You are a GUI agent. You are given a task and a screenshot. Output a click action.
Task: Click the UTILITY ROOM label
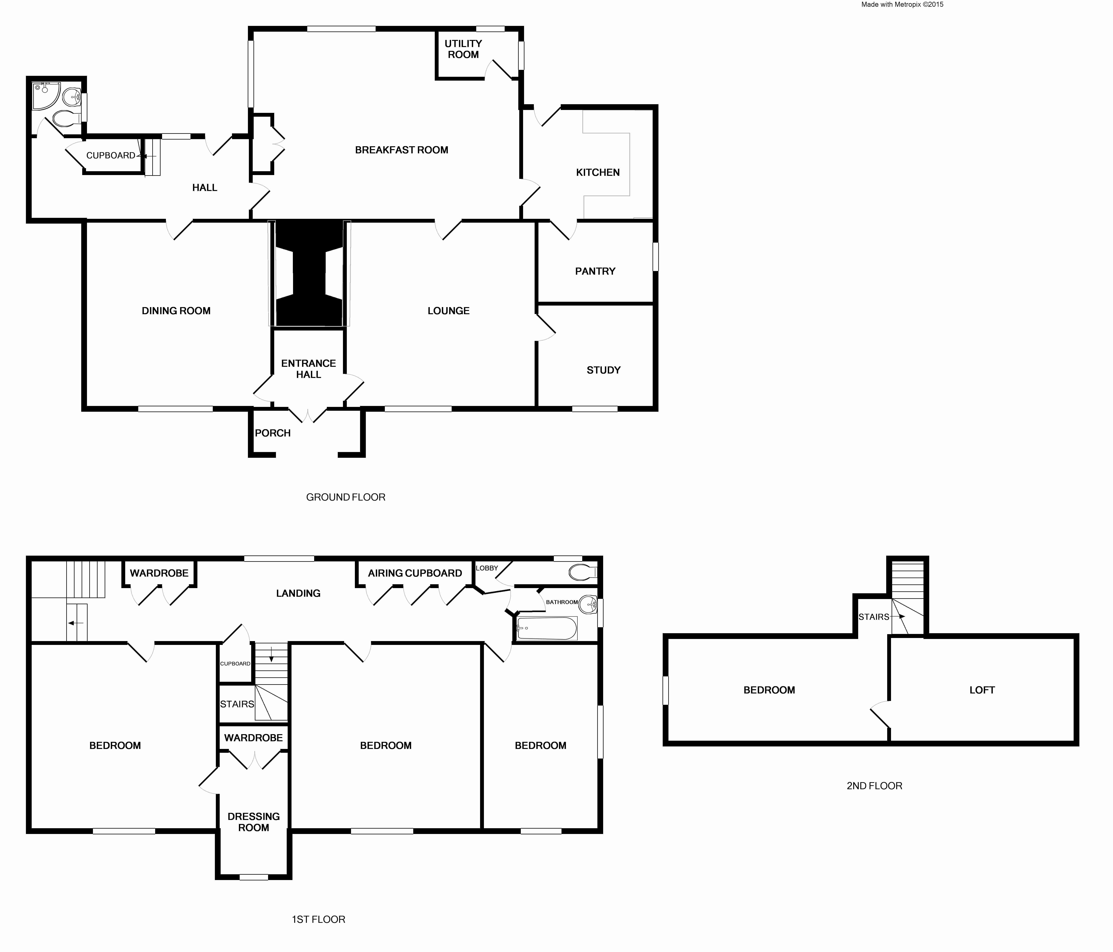463,49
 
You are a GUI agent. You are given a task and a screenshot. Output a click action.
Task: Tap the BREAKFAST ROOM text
401,150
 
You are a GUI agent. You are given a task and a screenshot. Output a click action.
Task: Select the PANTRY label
595,271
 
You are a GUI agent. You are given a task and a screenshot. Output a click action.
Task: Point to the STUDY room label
603,370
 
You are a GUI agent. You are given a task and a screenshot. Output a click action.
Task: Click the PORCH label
272,433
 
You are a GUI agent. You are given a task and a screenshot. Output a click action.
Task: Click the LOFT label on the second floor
982,690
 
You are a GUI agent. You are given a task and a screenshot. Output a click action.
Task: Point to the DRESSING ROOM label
253,821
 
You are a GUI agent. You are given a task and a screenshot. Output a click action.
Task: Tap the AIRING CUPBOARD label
415,573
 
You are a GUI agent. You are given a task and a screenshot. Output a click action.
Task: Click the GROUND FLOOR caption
345,497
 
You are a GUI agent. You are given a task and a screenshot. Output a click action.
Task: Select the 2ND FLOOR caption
874,786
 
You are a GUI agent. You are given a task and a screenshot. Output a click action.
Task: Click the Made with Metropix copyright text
902,4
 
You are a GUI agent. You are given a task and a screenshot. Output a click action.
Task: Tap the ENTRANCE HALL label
308,369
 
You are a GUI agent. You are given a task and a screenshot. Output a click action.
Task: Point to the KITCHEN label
597,172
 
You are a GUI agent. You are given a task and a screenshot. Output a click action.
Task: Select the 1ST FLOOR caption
318,919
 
